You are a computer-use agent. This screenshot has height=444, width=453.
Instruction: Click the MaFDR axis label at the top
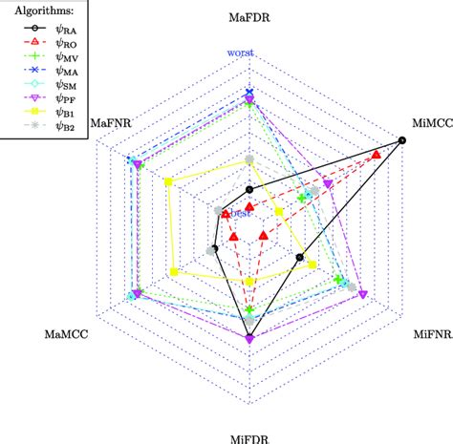click(x=249, y=17)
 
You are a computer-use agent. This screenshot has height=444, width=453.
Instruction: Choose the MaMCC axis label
click(x=67, y=333)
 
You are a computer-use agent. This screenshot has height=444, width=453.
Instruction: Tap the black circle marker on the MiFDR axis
click(x=249, y=336)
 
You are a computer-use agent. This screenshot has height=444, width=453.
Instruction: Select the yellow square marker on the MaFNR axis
click(x=168, y=182)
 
